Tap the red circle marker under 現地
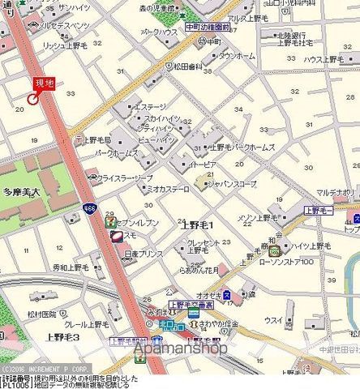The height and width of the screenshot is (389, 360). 33,99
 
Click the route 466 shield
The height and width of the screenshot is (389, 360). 88,209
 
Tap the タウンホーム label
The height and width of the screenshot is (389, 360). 237,56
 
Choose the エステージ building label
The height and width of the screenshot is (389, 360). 150,106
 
